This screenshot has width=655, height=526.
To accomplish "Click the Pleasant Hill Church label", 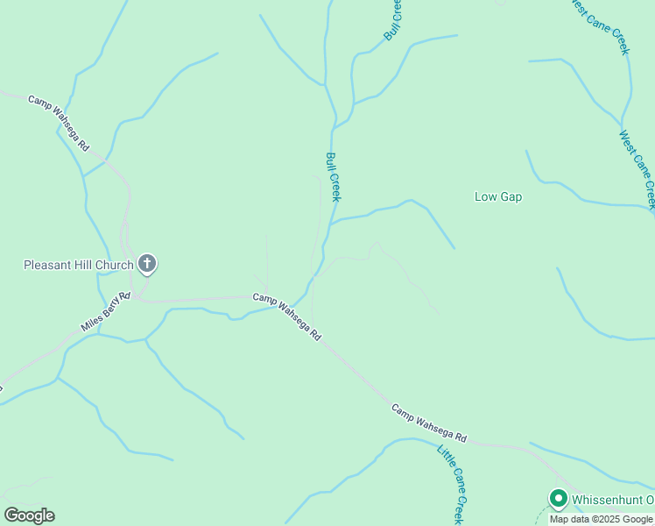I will tap(79, 264).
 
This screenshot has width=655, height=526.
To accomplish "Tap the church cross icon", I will tap(147, 262).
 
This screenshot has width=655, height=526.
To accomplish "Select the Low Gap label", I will tap(498, 196).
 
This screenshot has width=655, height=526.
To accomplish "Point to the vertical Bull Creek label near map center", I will tap(334, 177).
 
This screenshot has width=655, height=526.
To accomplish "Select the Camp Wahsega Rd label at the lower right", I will tap(429, 423).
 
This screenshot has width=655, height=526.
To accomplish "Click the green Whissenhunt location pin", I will tap(558, 498).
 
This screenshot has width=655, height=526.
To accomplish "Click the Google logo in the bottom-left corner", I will tap(29, 515).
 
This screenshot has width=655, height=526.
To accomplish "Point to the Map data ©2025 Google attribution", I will tap(601, 519).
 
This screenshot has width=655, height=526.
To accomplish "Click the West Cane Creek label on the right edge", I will tap(637, 170).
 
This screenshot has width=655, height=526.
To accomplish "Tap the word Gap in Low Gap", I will tap(511, 196).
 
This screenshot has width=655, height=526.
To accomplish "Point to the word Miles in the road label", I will tap(91, 323).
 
